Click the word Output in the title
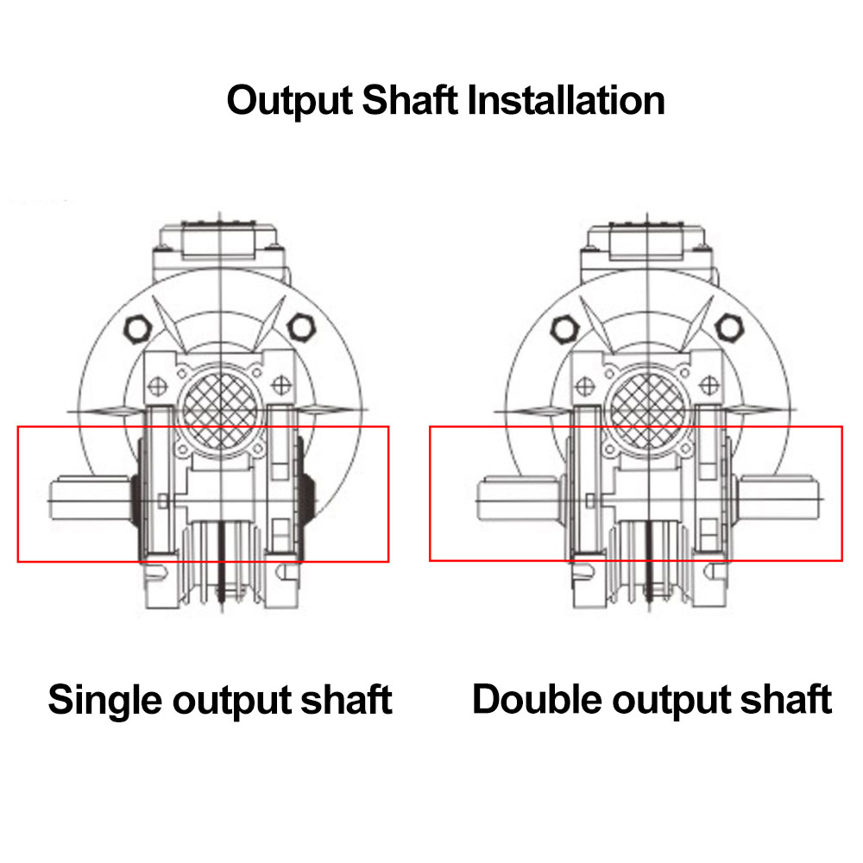pyautogui.click(x=289, y=101)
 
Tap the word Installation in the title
pyautogui.click(x=566, y=100)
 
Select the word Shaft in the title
pyautogui.click(x=409, y=100)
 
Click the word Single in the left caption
pyautogui.click(x=104, y=701)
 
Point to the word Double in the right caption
pyautogui.click(x=537, y=699)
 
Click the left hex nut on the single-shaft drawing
pyautogui.click(x=137, y=329)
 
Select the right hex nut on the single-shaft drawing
pyautogui.click(x=301, y=327)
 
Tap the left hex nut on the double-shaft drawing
pyautogui.click(x=565, y=329)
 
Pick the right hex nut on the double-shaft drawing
pyautogui.click(x=728, y=327)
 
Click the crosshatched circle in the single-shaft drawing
pyautogui.click(x=220, y=410)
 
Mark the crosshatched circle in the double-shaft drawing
pyautogui.click(x=648, y=410)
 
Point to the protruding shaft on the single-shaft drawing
pyautogui.click(x=91, y=499)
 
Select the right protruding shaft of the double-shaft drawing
pyautogui.click(x=778, y=498)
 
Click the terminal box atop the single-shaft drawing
pyautogui.click(x=219, y=241)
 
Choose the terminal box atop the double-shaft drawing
pyautogui.click(x=647, y=241)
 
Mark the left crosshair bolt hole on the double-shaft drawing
pyautogui.click(x=585, y=386)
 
